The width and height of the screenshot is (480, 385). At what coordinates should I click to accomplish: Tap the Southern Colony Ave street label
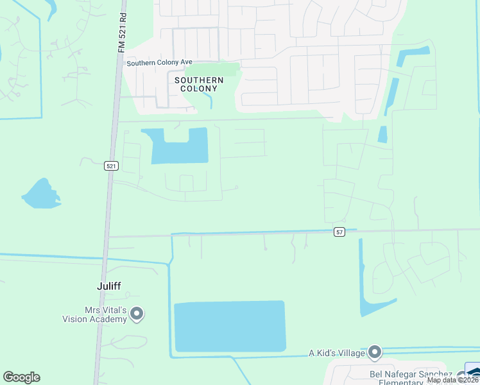tap(160, 63)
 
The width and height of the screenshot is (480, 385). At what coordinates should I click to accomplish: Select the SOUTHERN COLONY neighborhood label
tap(199, 84)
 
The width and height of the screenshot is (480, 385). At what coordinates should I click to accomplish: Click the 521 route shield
tap(112, 166)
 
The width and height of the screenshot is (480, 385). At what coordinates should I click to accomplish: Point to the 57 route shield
tap(340, 232)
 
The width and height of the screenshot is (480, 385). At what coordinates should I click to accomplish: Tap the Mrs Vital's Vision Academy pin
tap(137, 314)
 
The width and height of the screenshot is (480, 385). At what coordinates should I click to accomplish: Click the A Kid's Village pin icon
tap(375, 352)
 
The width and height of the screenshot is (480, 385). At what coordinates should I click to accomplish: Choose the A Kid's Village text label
tap(337, 353)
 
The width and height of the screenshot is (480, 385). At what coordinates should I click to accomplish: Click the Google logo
tap(21, 377)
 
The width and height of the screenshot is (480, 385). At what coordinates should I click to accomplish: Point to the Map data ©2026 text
tap(452, 380)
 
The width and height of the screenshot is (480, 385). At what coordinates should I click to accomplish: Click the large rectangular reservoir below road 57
tap(230, 326)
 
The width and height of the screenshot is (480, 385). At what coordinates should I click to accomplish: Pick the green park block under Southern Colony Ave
tap(215, 69)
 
